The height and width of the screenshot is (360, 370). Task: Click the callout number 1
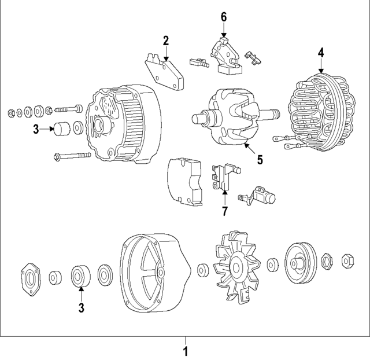(x=185, y=351)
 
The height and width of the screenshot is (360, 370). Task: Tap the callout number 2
(x=165, y=41)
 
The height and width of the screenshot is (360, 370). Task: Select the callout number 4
(x=321, y=53)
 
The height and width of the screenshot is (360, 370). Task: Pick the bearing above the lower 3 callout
(x=81, y=275)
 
